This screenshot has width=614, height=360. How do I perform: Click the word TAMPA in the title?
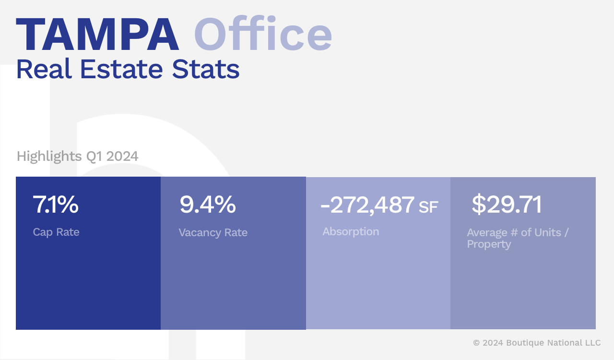click(97, 35)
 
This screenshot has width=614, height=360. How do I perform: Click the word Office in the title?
click(263, 35)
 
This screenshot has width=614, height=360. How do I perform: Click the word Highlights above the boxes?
click(49, 156)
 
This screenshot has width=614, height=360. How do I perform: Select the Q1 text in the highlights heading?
click(94, 156)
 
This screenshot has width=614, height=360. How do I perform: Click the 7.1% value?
click(56, 204)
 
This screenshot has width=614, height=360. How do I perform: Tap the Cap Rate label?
click(56, 232)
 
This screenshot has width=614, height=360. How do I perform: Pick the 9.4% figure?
click(207, 204)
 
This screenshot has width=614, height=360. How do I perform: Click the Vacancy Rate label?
click(213, 233)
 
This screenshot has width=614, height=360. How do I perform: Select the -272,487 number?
click(367, 205)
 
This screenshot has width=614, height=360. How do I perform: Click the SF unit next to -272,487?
click(428, 207)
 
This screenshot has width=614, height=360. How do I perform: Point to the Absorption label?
click(351, 232)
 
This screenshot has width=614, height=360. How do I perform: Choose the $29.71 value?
click(507, 204)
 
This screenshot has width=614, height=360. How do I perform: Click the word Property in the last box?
click(489, 244)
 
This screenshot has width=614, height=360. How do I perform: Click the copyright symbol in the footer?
click(476, 343)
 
